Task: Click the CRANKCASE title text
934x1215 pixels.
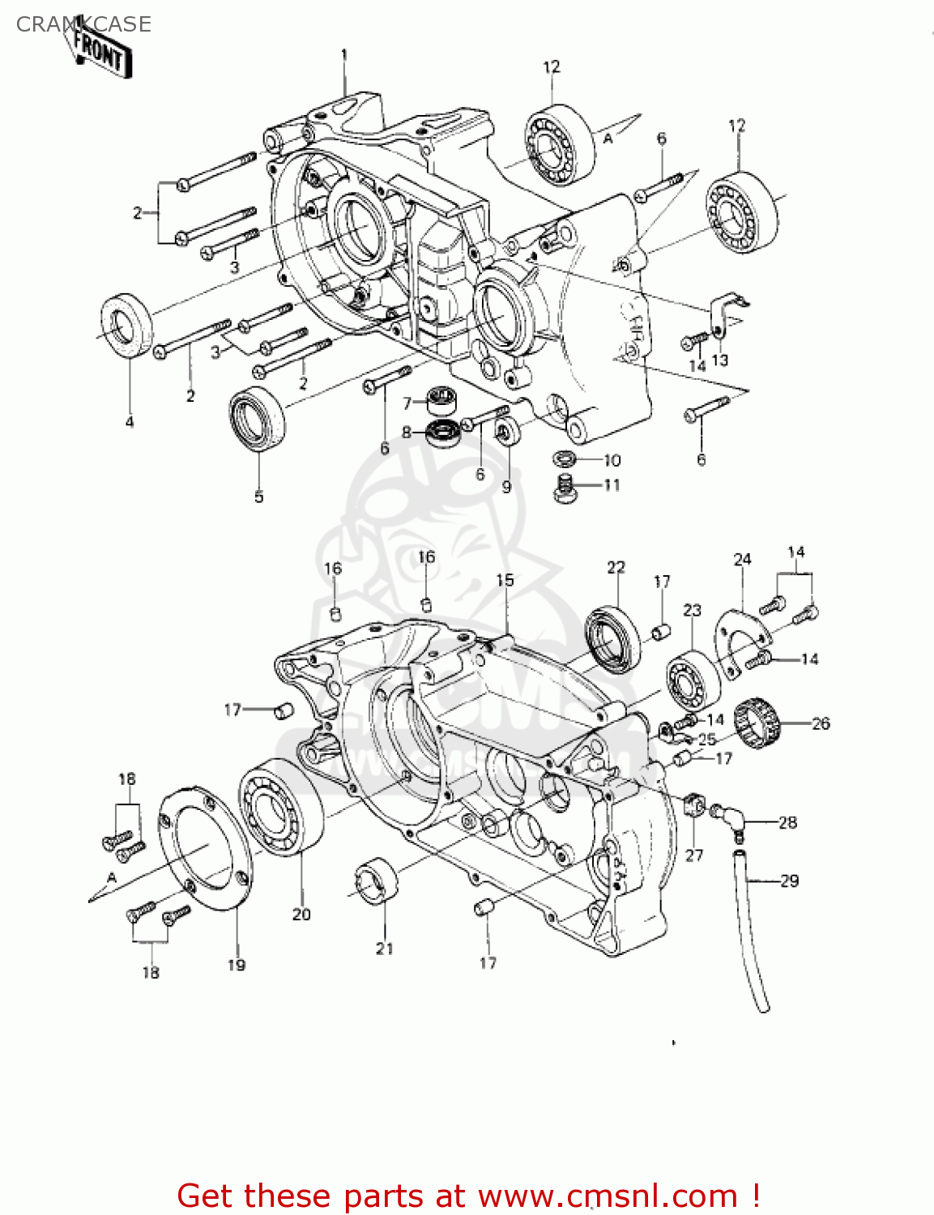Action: pyautogui.click(x=83, y=24)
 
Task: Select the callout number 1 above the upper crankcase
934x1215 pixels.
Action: pyautogui.click(x=344, y=55)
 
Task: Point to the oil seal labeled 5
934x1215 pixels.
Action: pyautogui.click(x=258, y=418)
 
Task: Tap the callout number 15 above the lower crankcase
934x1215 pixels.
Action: pyautogui.click(x=505, y=580)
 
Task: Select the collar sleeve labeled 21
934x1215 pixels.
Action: pyautogui.click(x=377, y=878)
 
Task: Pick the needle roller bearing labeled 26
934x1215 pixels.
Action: pyautogui.click(x=757, y=723)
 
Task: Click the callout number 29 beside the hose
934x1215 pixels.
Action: pyautogui.click(x=789, y=880)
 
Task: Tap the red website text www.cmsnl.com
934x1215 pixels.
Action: pyautogui.click(x=607, y=1196)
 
